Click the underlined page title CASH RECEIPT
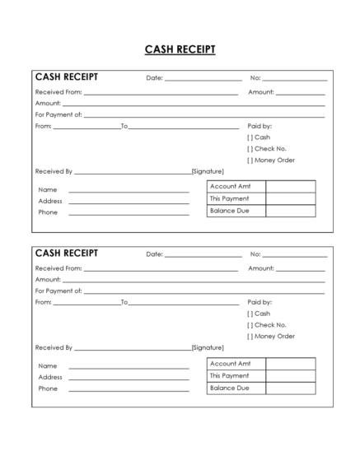click(180, 49)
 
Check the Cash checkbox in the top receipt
click(250, 137)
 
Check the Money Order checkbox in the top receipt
click(250, 160)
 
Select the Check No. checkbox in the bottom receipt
click(250, 325)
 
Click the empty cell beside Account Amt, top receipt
click(290, 187)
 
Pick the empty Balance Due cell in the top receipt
click(290, 212)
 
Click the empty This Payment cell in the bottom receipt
click(290, 376)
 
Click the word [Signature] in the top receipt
click(208, 172)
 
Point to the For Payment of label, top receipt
click(58, 115)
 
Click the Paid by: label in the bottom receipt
click(259, 302)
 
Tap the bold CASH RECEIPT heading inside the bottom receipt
click(67, 253)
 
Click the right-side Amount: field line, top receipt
click(300, 94)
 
